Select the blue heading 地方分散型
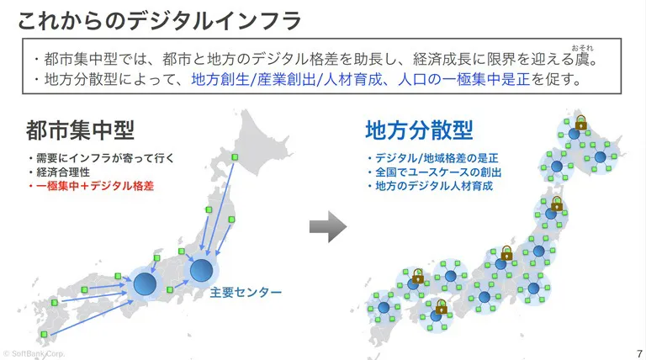419,130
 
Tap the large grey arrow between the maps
327,225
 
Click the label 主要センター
246,293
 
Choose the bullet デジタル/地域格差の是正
434,158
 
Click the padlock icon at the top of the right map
580,120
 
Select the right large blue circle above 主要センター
201,270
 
